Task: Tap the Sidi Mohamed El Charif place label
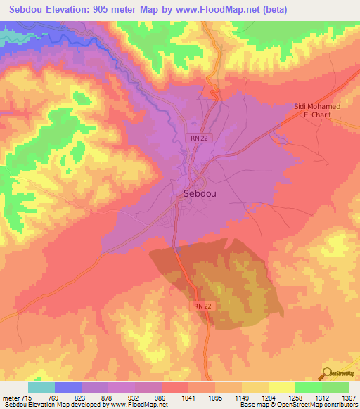click(316, 111)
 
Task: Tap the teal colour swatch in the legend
click(41, 387)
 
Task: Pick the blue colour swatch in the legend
click(68, 387)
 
